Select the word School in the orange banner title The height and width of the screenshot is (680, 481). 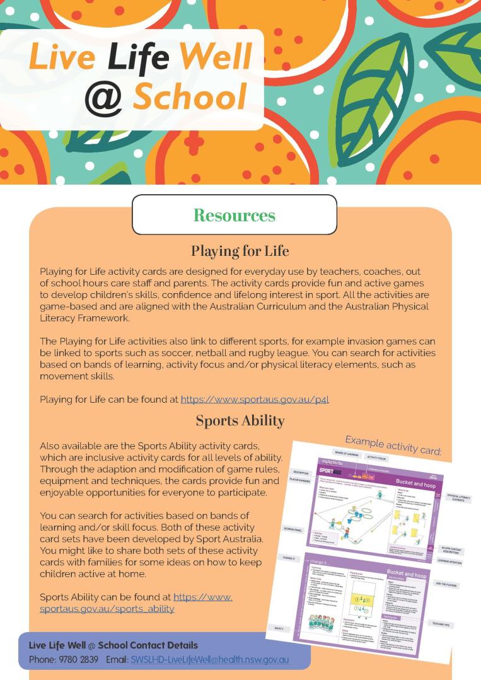point(190,98)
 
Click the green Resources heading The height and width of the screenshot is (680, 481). point(234,216)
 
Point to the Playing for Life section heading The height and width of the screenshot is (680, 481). point(240,251)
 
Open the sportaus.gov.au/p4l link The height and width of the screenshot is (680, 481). point(255,399)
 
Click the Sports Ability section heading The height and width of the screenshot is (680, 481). point(240,420)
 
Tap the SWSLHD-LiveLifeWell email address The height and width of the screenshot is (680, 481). point(210,660)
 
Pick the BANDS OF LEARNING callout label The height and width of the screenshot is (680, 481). point(345,453)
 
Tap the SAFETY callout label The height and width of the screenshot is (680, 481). point(278,628)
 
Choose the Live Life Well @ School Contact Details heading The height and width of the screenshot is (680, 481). point(113,645)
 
